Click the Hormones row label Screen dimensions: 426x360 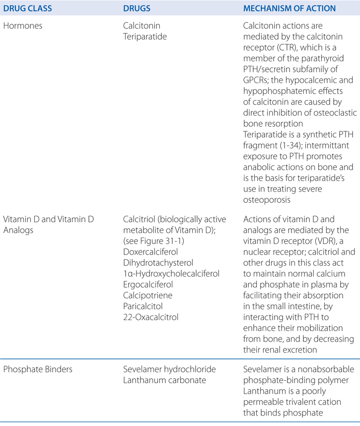[x=23, y=26]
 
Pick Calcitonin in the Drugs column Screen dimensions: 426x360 [x=142, y=26]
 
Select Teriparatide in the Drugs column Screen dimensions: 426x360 [x=144, y=37]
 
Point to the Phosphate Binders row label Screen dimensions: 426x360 [x=36, y=369]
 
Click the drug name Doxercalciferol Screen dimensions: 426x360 [x=151, y=252]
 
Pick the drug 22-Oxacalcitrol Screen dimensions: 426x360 [x=150, y=317]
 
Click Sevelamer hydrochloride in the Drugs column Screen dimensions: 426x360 [x=163, y=369]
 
